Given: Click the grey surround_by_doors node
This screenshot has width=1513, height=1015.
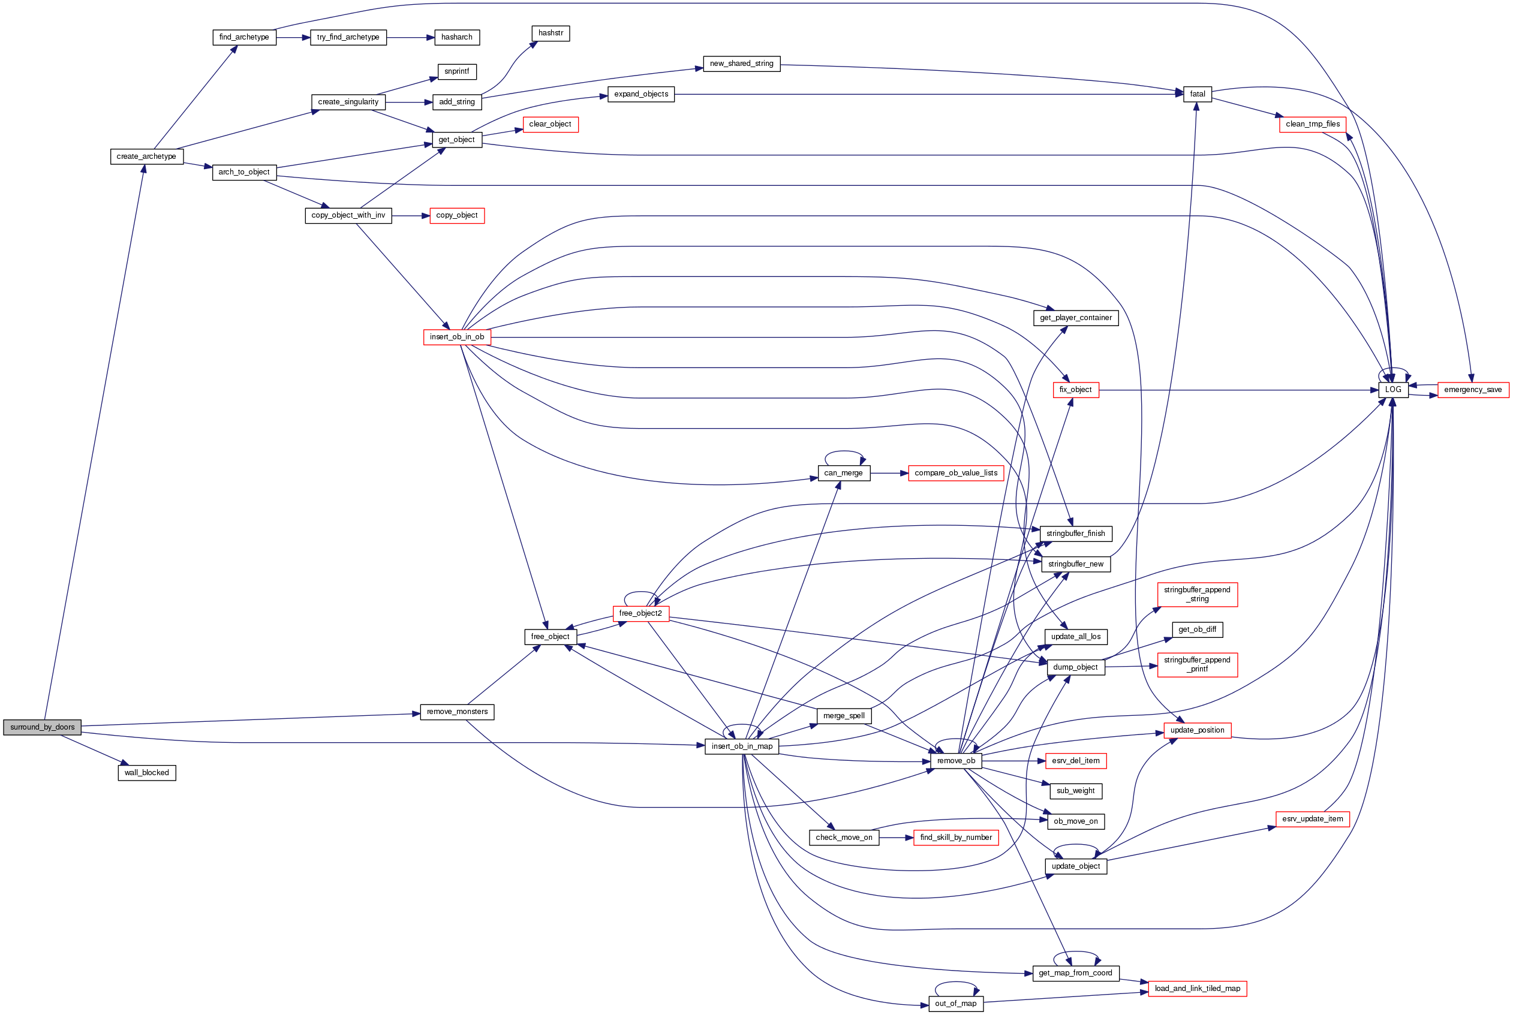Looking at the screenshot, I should coord(42,727).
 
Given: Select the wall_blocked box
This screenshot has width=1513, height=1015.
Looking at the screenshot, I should coord(146,773).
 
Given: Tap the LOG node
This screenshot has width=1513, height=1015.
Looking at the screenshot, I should coord(1392,390).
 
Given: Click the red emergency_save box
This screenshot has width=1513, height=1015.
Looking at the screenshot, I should coord(1473,390).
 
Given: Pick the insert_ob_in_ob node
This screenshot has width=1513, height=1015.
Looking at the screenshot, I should coord(456,336).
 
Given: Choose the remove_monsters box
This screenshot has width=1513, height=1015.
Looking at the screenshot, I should coord(457,712).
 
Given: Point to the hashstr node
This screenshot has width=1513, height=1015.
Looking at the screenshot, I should coord(551,33).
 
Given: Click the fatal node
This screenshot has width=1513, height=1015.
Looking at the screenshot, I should coord(1197,94).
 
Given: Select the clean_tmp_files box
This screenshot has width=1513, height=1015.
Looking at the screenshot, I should coord(1312,124).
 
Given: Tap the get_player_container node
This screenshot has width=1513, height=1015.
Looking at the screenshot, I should coord(1075,318).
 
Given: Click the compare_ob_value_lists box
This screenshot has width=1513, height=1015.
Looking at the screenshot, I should coord(955,473).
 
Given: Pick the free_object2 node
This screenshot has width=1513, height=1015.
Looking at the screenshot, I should coord(640,613).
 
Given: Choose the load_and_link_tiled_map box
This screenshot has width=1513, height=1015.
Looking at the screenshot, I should coord(1197,989).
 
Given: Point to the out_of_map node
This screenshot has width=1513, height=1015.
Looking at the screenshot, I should coord(955,1004).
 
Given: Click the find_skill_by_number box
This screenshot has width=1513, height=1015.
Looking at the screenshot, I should coord(955,838).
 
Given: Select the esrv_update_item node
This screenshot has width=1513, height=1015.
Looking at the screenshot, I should coord(1312,819).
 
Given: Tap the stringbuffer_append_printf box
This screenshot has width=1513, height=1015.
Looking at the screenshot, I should coord(1197,664).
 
